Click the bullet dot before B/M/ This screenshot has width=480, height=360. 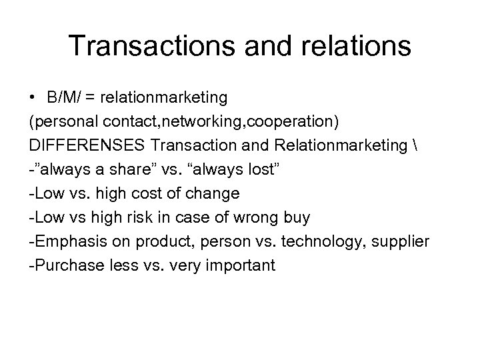pos(33,98)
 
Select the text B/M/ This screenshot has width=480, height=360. pos(63,98)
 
